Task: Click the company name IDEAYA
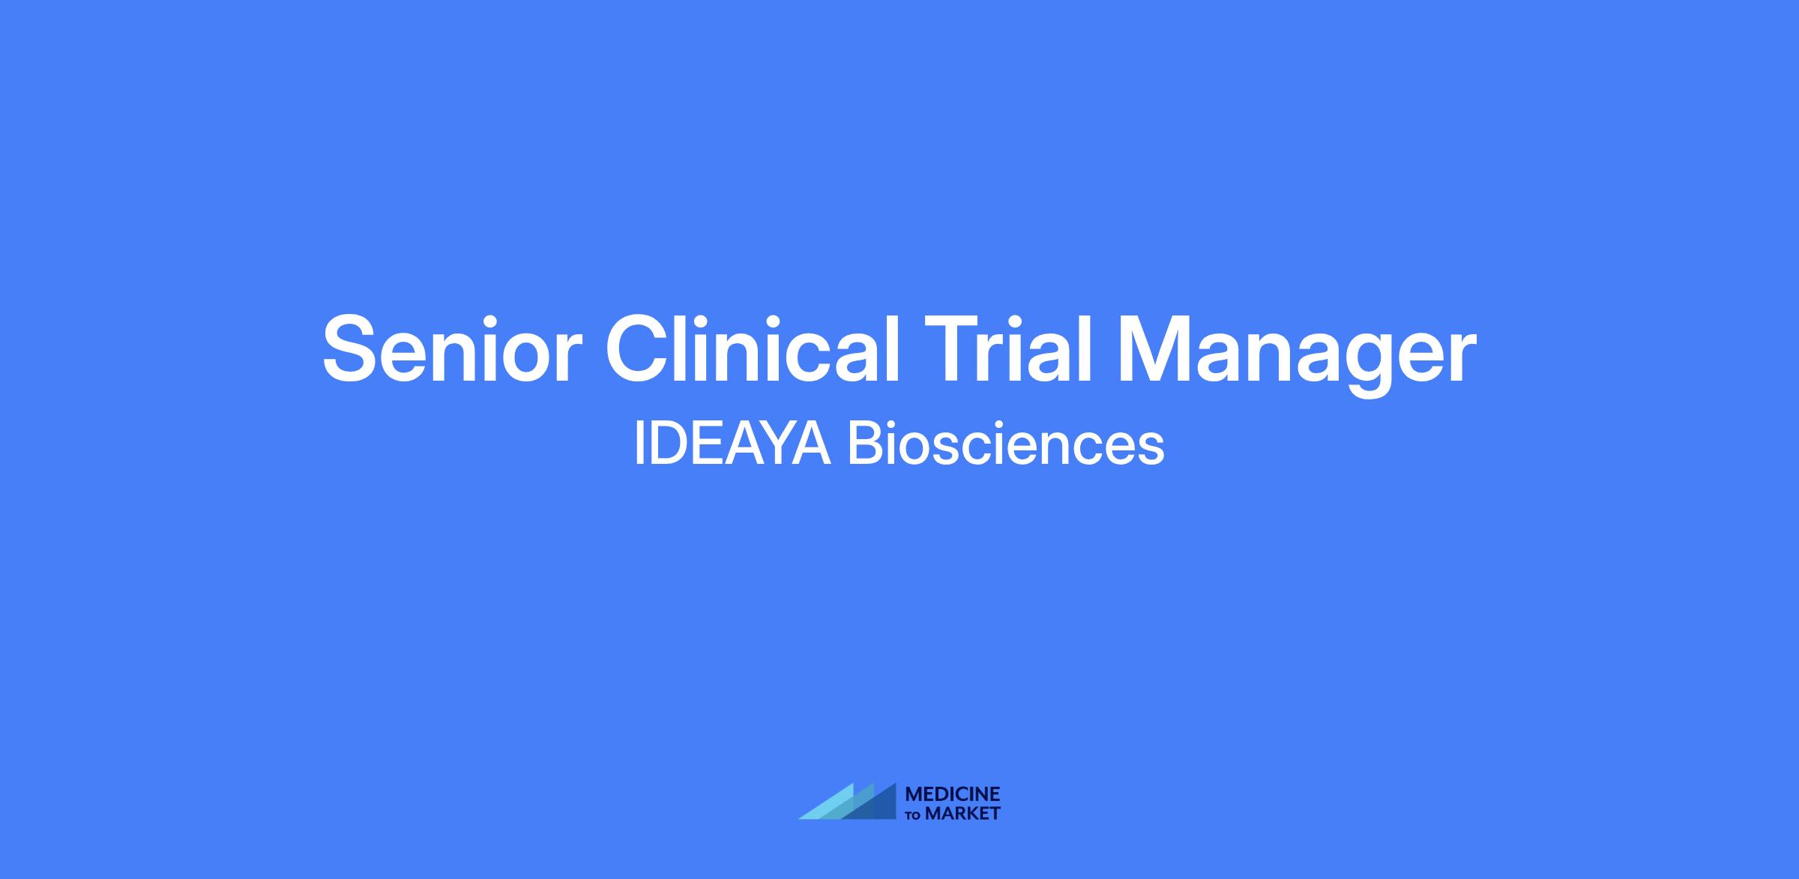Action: [732, 445]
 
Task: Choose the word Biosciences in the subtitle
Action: [1006, 445]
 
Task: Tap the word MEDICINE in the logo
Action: [953, 794]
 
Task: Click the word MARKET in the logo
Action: [962, 813]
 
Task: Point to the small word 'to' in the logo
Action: [914, 815]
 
